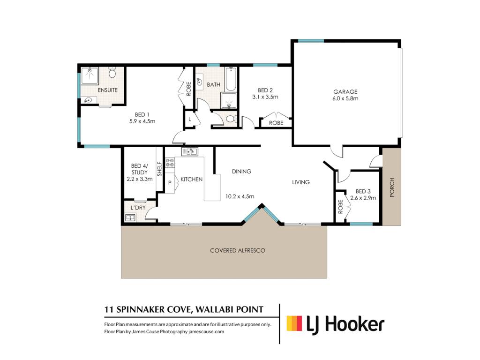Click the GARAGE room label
click(345, 91)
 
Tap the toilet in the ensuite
click(112, 72)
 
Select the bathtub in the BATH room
click(231, 79)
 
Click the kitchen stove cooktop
click(170, 163)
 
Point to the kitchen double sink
click(189, 151)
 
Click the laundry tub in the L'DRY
click(131, 217)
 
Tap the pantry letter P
click(170, 183)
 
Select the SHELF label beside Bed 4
click(159, 169)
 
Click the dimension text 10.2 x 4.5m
click(240, 196)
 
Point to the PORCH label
click(392, 187)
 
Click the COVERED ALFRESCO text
click(238, 250)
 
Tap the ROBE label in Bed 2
click(276, 123)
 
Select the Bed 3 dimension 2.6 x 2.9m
click(363, 198)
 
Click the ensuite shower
click(90, 76)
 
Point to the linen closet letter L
click(190, 119)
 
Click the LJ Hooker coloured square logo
click(294, 323)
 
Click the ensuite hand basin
click(89, 100)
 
